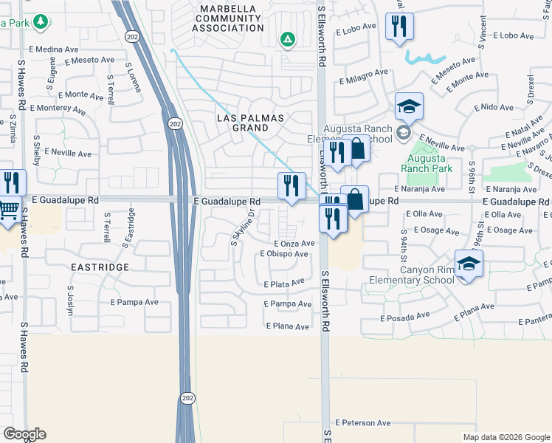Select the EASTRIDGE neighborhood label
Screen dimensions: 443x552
[100, 267]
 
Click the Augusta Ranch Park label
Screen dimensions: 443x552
[425, 162]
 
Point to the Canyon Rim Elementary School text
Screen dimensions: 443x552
[427, 275]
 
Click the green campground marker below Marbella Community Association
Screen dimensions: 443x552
[287, 39]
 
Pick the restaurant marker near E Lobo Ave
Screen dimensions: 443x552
[399, 27]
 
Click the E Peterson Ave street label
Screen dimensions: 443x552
[362, 423]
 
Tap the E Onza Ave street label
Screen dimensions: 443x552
[294, 244]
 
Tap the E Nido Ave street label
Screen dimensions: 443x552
[494, 107]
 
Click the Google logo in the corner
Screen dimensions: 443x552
[25, 434]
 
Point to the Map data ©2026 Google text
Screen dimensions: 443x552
[506, 437]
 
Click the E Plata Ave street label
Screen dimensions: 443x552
[284, 283]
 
